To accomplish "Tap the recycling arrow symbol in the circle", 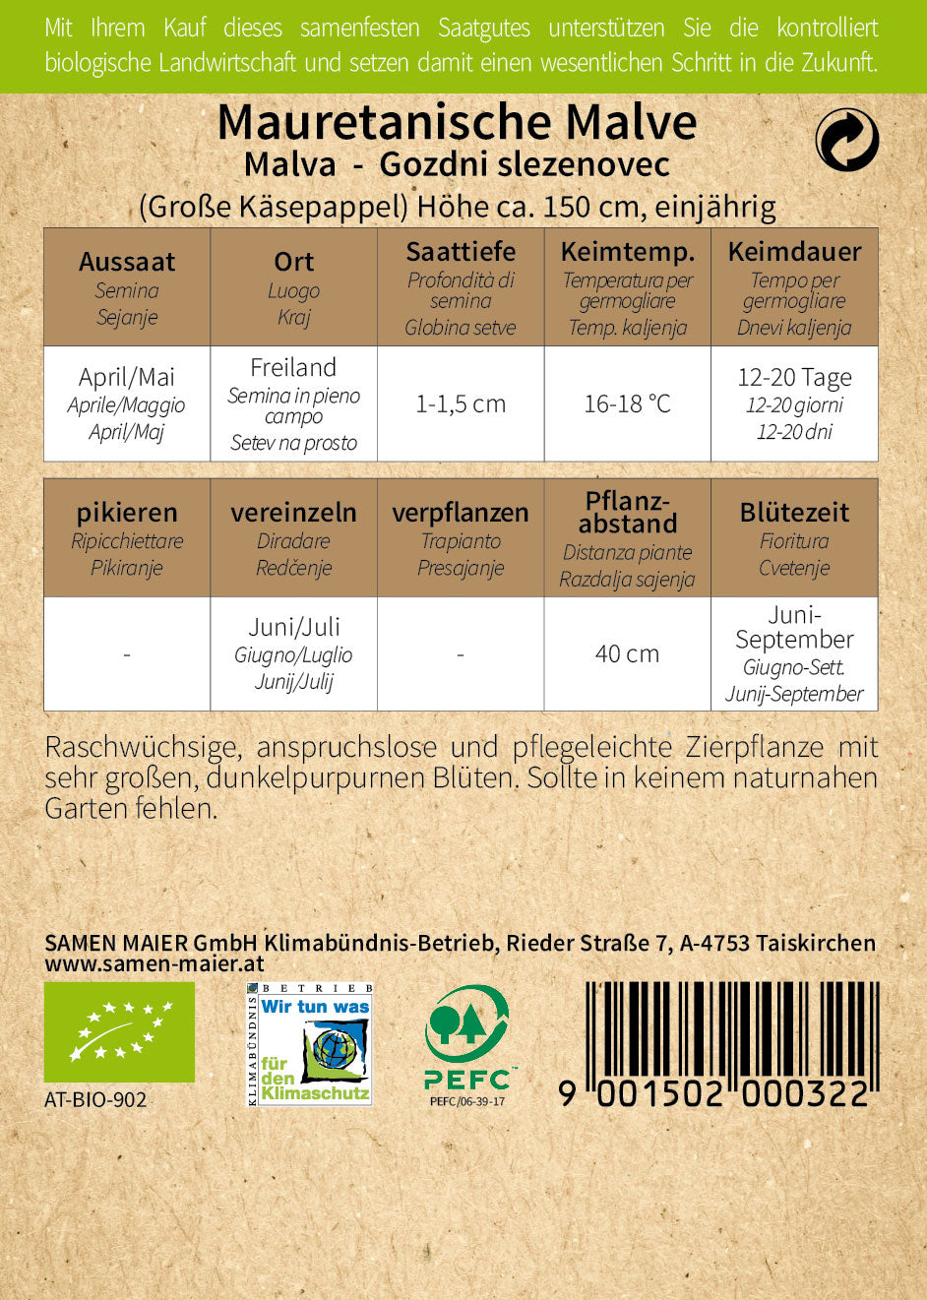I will point(846,139).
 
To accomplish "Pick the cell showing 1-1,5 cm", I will point(461,403).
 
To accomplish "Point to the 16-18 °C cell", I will point(627,403).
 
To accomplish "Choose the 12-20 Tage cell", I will point(794,403).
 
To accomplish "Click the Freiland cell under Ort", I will point(293,403).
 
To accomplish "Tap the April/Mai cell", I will point(127,403).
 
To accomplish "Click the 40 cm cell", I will point(627,653).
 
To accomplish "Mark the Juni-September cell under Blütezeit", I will point(794,653).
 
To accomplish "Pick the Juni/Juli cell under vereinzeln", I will point(293,653).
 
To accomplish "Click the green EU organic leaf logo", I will point(119,1031).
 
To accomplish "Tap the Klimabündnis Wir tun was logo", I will point(309,1044).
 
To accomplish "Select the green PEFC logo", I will point(467,1038).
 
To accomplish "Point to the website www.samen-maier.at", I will point(154,964).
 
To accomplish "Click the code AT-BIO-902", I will point(95,1099).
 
